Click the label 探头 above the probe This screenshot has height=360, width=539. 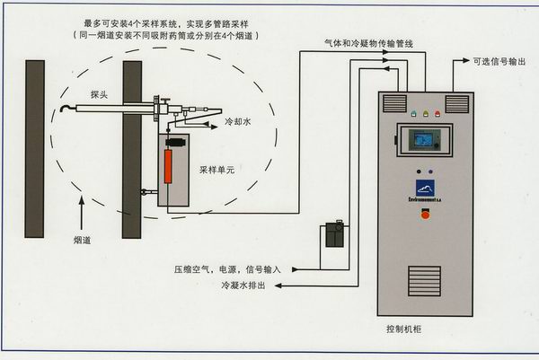tap(100, 93)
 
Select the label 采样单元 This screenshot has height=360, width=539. tap(216, 167)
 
